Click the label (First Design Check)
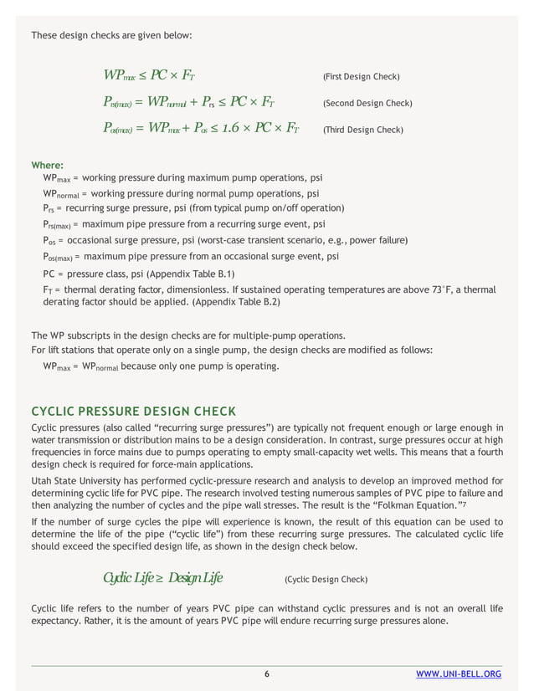click(x=361, y=77)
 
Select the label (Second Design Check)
click(x=367, y=104)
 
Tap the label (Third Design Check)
click(x=362, y=130)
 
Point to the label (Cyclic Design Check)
click(x=326, y=579)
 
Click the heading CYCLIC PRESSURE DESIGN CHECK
click(x=133, y=411)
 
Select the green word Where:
click(x=47, y=166)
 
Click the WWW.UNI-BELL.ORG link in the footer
click(x=459, y=674)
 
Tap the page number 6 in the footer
click(x=266, y=674)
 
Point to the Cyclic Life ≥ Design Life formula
click(x=162, y=578)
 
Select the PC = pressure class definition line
click(x=139, y=274)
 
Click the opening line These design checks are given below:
click(x=111, y=36)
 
